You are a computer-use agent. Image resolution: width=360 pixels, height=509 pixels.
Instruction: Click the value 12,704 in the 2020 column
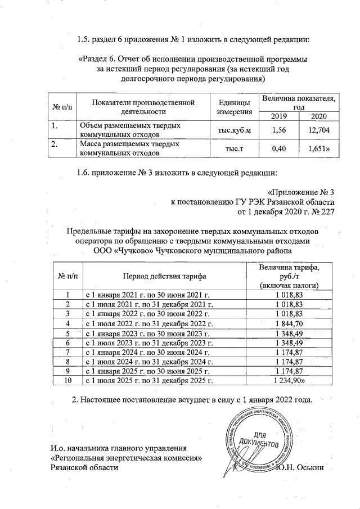tap(318, 130)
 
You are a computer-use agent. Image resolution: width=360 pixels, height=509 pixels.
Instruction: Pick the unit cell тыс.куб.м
tap(230, 130)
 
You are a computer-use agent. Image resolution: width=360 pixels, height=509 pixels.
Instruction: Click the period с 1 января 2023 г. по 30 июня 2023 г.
tap(150, 333)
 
